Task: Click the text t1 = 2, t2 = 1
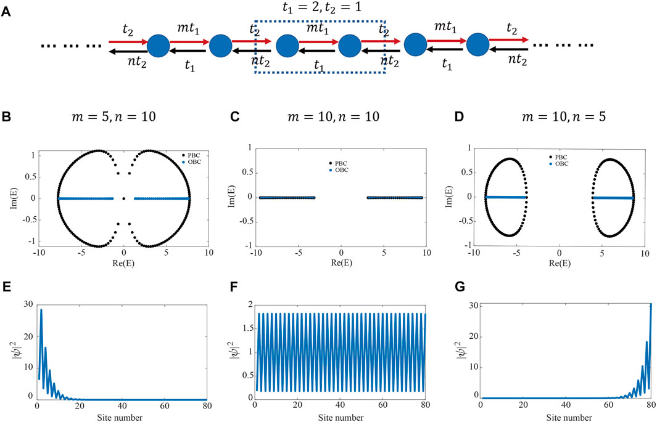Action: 319,10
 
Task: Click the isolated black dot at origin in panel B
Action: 124,198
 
